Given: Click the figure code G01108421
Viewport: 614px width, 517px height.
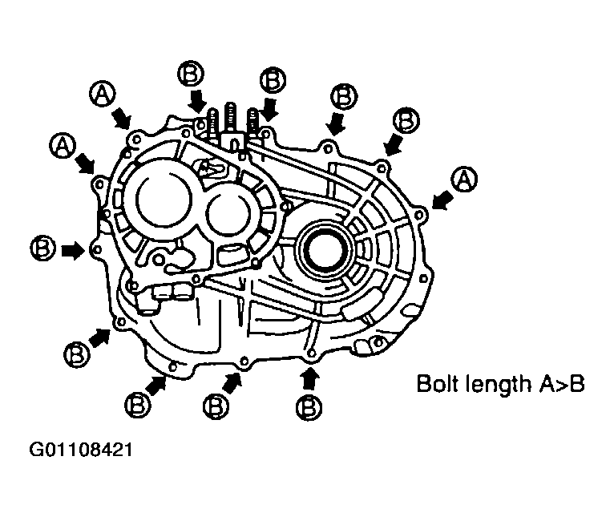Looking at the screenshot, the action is click(81, 450).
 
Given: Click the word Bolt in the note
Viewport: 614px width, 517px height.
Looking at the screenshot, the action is click(438, 383).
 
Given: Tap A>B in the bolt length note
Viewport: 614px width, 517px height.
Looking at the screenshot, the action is click(562, 384).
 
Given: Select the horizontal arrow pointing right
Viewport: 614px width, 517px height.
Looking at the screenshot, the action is click(73, 250).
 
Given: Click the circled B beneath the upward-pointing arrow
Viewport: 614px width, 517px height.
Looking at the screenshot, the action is click(309, 408).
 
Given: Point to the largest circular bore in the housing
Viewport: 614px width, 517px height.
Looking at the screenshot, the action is click(164, 200).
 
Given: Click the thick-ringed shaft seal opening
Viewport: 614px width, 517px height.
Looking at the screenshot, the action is click(326, 249).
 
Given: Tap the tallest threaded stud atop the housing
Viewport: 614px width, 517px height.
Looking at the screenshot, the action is click(231, 119).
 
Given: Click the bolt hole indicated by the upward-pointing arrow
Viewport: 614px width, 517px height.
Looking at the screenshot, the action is click(311, 353).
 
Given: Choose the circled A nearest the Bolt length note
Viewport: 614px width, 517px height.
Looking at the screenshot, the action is click(464, 180).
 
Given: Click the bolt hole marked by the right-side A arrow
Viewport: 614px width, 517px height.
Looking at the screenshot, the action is click(418, 215).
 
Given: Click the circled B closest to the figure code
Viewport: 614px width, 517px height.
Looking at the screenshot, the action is click(77, 354).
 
